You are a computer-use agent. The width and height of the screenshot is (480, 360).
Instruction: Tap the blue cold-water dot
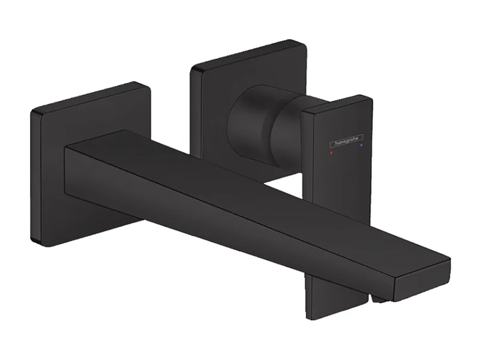360,145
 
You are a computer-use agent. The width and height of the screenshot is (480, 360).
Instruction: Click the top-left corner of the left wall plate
34,112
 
